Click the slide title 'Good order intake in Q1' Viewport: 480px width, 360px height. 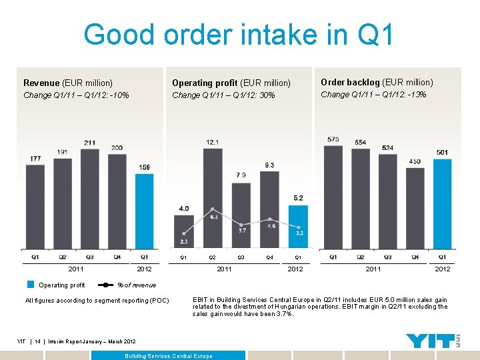point(239,35)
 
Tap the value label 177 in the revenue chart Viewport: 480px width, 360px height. point(35,159)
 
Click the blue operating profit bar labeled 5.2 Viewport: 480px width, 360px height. point(298,227)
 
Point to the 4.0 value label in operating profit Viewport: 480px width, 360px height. point(183,209)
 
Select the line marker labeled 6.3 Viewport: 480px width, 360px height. point(212,209)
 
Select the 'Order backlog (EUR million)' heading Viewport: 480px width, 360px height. point(377,83)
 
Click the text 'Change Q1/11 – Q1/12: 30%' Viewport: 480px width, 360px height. point(223,95)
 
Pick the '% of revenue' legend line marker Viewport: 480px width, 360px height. point(107,285)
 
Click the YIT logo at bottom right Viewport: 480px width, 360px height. point(430,341)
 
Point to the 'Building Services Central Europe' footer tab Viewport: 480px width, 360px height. point(169,356)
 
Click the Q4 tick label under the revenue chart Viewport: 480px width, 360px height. point(117,257)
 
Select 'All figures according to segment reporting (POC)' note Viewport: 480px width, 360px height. point(97,301)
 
